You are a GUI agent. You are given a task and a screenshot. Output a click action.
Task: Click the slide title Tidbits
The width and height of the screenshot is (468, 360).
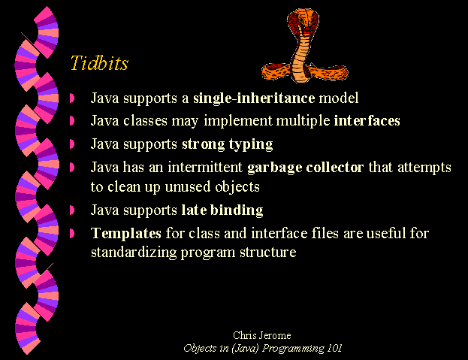(x=99, y=62)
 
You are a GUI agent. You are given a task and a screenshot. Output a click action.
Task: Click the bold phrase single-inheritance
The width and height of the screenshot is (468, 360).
(x=254, y=98)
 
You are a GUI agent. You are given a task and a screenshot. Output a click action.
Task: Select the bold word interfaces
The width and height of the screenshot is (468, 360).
(x=367, y=120)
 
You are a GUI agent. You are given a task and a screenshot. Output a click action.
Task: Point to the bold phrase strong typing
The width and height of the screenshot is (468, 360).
(x=228, y=144)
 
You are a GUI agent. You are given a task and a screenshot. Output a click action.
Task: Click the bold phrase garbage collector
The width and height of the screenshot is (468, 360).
(x=305, y=168)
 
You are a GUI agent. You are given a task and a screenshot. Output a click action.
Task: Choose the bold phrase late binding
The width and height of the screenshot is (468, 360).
(x=222, y=210)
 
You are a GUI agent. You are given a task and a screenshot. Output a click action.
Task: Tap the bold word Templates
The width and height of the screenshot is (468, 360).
(x=126, y=234)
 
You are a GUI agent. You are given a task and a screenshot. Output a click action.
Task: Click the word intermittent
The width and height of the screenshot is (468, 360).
(x=205, y=167)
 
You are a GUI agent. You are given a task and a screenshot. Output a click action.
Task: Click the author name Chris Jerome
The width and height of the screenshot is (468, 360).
(x=262, y=335)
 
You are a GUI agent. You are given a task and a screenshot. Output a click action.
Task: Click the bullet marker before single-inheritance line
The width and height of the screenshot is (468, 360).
(x=72, y=98)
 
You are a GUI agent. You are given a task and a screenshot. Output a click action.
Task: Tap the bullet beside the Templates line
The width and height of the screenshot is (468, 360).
(x=72, y=234)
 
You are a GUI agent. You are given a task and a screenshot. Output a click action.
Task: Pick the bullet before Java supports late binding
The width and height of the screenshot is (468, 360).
(x=72, y=210)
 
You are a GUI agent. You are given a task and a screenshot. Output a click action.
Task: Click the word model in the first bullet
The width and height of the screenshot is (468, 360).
(x=339, y=98)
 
